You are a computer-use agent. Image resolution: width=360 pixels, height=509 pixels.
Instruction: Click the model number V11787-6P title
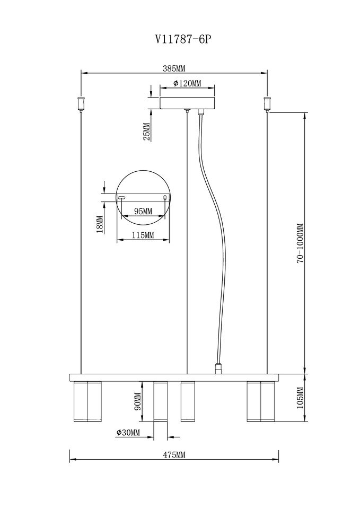184,39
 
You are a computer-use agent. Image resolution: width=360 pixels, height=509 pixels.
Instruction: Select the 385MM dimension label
174,68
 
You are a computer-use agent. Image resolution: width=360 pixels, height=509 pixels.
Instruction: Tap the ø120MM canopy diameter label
187,83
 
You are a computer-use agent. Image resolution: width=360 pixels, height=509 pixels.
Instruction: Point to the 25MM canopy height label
147,131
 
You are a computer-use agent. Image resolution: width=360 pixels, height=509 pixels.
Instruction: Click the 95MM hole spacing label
143,211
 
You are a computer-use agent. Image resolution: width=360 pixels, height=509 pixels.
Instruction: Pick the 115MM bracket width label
143,235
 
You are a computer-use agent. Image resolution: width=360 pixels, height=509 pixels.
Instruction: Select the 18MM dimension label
100,225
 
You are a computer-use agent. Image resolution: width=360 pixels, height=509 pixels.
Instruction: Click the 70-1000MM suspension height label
300,243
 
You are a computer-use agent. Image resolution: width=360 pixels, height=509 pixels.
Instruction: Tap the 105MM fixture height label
300,398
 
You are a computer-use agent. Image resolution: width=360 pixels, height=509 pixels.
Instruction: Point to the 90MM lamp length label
137,401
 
